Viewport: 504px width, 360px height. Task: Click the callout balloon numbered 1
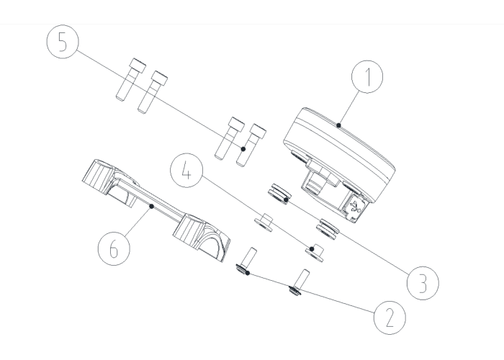[x=367, y=77]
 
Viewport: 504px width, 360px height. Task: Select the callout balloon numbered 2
[x=390, y=318]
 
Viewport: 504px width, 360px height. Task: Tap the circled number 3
[x=423, y=283]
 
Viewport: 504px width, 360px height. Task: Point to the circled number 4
[x=186, y=171]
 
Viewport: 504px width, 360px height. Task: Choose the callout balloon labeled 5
[x=63, y=42]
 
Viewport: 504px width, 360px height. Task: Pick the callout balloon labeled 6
[x=114, y=249]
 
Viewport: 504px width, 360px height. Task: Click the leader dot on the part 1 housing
[x=338, y=125]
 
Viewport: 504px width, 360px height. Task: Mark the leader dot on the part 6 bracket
[x=152, y=207]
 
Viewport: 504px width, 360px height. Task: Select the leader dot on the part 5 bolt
[x=243, y=149]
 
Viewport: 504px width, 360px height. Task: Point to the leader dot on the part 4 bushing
[x=312, y=249]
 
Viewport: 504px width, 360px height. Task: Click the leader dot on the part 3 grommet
[x=286, y=200]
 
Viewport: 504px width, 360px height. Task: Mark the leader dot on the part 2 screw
[x=247, y=273]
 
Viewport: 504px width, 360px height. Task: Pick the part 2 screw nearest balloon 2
[x=299, y=282]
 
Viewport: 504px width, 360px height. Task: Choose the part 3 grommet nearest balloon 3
[x=328, y=228]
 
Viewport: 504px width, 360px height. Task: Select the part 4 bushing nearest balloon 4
[x=315, y=253]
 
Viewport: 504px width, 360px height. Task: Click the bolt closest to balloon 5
[x=131, y=79]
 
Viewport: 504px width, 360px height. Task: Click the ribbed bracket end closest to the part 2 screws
[x=202, y=237]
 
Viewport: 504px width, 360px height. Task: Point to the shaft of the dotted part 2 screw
[x=249, y=256]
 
